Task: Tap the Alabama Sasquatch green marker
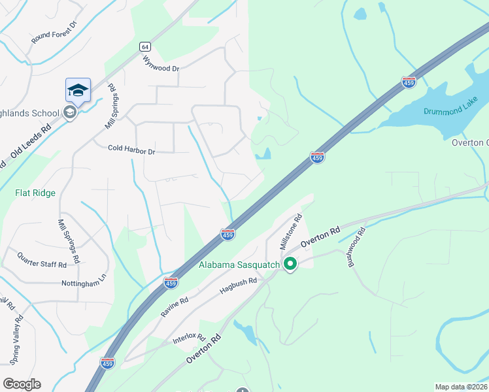tap(290, 265)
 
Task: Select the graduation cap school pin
tap(78, 91)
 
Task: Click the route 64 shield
tap(145, 46)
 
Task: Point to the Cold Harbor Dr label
tap(131, 151)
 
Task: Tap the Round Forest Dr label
tap(54, 33)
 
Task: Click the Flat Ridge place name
tap(35, 193)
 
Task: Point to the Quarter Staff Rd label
tap(42, 260)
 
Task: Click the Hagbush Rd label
tap(239, 286)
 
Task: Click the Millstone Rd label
tap(290, 231)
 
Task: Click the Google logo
tap(22, 384)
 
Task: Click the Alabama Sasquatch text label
tap(239, 265)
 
